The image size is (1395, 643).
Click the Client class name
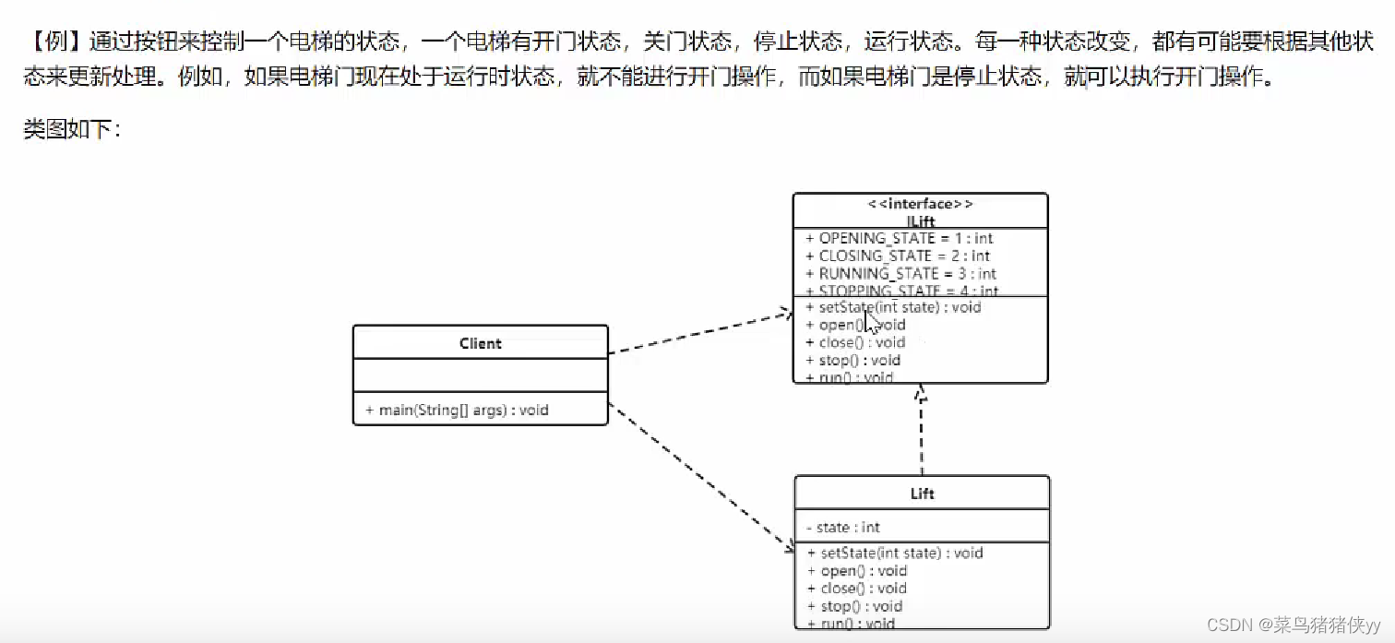click(480, 343)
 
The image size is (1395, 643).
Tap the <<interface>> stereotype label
click(920, 205)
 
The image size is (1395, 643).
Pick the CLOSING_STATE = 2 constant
click(903, 256)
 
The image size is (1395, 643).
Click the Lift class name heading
click(922, 494)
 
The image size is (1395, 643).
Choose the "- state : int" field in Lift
click(843, 528)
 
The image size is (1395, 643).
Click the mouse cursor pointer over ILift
click(872, 322)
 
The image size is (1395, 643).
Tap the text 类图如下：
click(72, 129)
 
